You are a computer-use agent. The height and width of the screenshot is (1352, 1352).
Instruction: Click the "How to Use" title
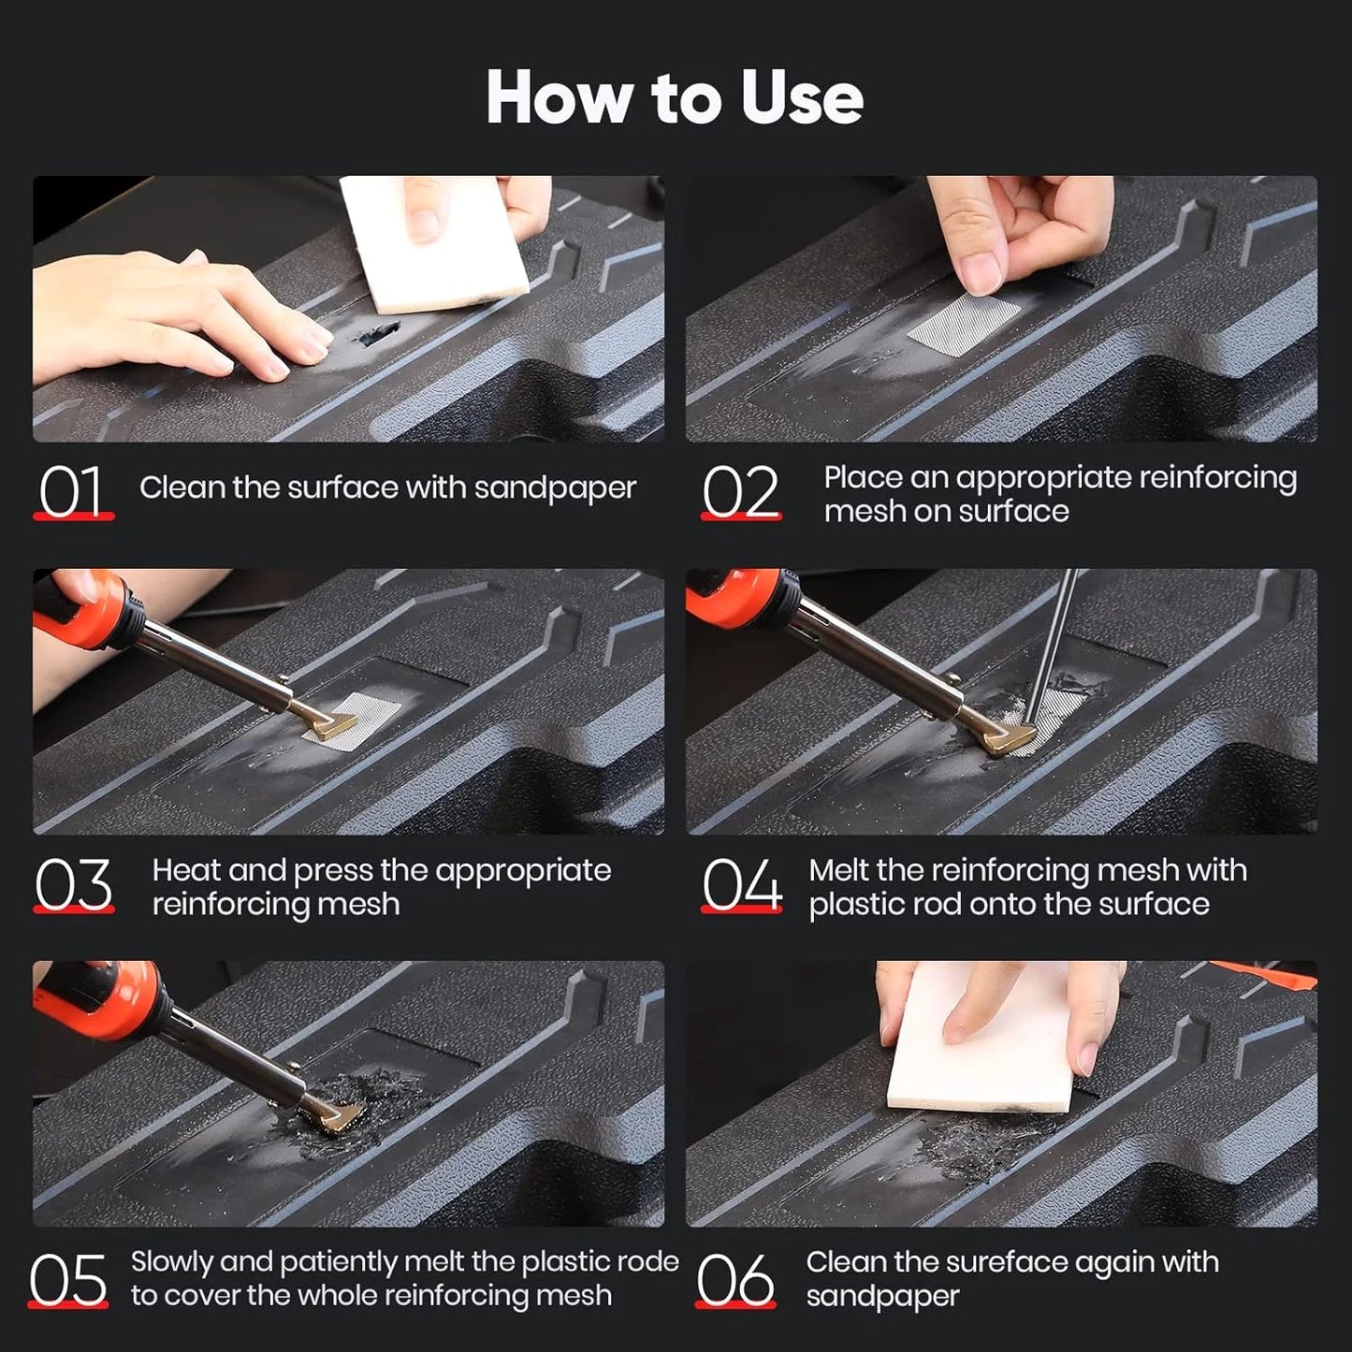[675, 97]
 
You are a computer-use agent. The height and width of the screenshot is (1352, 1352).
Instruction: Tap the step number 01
[71, 491]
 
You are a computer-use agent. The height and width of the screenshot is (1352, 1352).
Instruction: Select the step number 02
[740, 491]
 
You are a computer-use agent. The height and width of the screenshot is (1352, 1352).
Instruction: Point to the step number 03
[73, 884]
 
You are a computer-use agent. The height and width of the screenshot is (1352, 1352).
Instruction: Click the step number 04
[741, 884]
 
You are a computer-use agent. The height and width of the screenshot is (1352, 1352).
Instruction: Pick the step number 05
[67, 1279]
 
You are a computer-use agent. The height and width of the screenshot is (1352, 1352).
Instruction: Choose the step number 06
[735, 1279]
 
